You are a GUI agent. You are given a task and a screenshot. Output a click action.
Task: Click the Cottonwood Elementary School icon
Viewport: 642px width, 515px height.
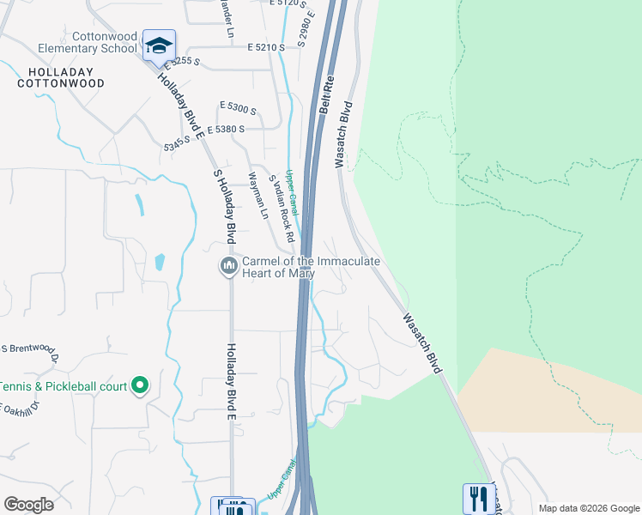tap(159, 45)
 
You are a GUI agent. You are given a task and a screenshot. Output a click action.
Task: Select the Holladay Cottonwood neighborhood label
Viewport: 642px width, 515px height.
tap(60, 77)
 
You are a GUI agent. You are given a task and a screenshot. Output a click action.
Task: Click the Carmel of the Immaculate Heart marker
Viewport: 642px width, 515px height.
tap(228, 267)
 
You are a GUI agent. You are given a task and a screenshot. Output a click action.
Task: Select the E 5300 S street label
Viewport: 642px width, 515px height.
tap(239, 109)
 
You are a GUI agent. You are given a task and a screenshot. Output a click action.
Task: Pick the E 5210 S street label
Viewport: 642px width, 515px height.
tap(265, 47)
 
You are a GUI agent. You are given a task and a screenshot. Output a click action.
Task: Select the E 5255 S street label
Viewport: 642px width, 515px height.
tap(179, 62)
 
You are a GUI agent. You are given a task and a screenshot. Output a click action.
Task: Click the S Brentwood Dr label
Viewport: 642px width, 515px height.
tap(30, 350)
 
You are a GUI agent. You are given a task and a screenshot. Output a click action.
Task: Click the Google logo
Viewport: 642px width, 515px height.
tap(29, 504)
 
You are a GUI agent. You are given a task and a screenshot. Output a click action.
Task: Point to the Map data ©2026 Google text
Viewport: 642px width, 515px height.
tap(590, 508)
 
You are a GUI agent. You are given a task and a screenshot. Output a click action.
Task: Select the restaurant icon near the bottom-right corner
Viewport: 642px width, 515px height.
tap(479, 499)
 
